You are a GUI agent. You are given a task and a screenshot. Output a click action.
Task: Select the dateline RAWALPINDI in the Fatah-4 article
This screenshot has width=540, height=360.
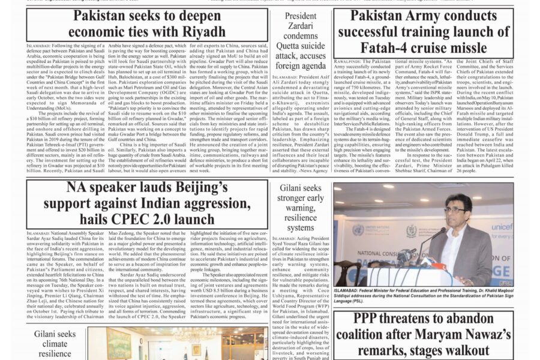[x=352, y=62]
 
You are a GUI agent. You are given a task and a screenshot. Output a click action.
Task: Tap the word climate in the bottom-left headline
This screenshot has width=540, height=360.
[x=55, y=344]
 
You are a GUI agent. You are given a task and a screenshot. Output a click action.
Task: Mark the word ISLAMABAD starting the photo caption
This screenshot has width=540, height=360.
[x=352, y=290]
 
